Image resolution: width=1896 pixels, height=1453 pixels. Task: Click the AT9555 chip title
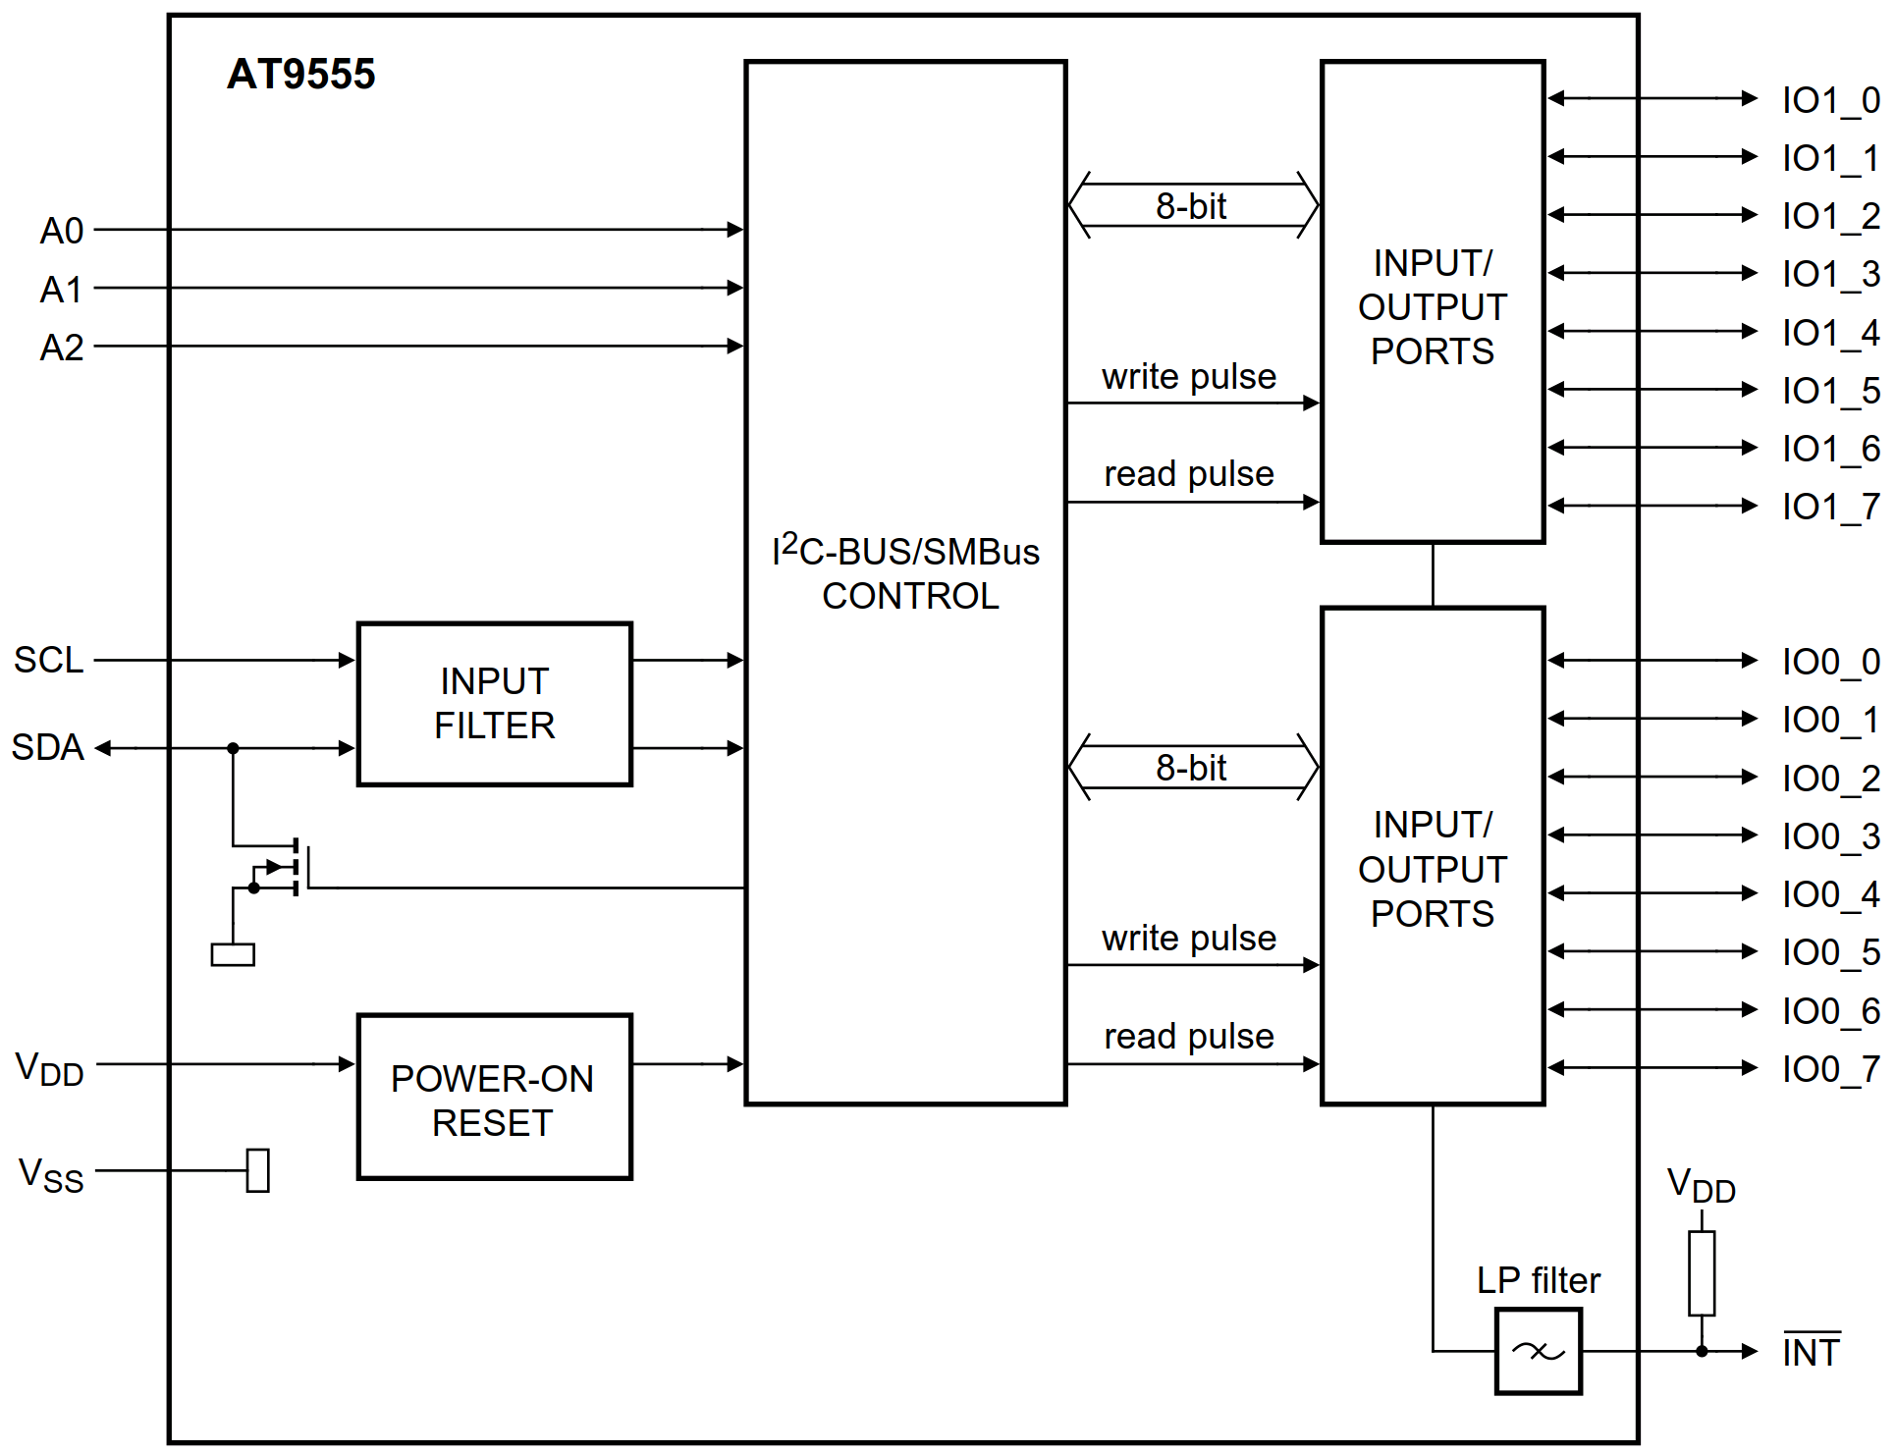300,75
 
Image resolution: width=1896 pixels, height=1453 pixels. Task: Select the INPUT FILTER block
494,704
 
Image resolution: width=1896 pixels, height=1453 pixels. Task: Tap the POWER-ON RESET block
494,1097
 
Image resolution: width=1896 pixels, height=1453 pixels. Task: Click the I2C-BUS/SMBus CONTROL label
906,573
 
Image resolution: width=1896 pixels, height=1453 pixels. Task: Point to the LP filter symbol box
1538,1352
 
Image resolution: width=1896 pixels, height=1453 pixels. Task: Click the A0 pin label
61,231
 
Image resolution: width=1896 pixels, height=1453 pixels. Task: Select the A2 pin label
61,348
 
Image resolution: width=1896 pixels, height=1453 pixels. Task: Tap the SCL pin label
48,660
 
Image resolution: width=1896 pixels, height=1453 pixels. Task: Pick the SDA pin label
47,747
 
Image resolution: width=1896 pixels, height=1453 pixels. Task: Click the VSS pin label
51,1174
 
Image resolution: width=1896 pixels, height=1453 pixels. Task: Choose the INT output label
1811,1352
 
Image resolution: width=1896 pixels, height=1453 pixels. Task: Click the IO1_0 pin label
1830,100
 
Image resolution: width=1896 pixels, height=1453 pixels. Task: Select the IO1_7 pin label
1830,507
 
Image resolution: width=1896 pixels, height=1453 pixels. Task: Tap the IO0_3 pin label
1830,836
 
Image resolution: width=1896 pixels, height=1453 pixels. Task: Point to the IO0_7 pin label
1830,1069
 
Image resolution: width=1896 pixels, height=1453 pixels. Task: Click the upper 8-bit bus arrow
1192,205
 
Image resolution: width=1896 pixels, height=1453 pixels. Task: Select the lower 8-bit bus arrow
1192,767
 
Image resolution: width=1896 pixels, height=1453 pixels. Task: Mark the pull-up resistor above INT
1702,1272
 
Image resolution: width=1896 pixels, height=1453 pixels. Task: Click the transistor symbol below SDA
285,867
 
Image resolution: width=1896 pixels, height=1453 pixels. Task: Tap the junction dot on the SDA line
233,748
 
